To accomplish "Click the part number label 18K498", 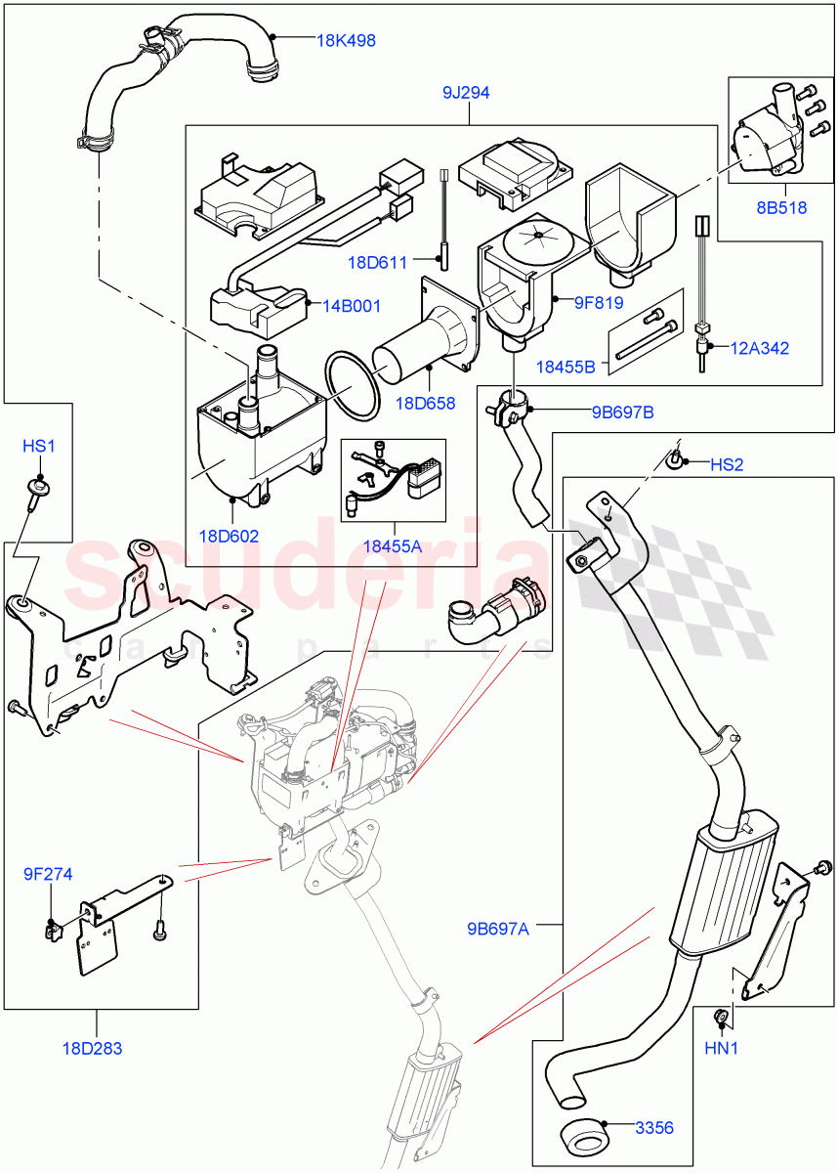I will click(x=346, y=41).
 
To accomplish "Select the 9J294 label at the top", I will click(x=465, y=94).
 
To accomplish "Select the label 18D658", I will click(x=426, y=403).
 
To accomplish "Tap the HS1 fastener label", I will click(x=39, y=446).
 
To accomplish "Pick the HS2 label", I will click(x=726, y=465).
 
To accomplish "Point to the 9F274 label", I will click(x=49, y=874).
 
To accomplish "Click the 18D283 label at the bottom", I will click(x=96, y=1049).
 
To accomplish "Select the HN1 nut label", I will click(x=723, y=1049).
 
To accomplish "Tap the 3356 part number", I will click(x=654, y=1128).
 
